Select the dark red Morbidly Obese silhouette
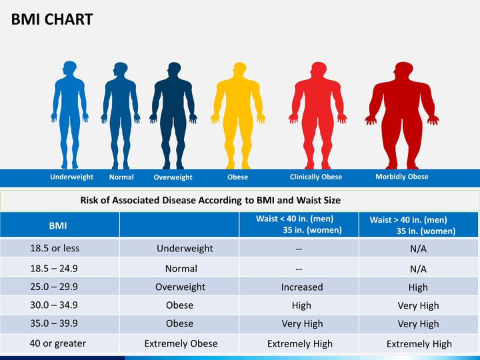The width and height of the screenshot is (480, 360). (403, 117)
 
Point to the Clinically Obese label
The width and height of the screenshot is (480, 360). (316, 177)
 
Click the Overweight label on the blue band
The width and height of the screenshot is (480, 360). (173, 177)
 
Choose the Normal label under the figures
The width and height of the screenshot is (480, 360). (121, 177)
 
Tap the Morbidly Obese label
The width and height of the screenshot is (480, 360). (402, 177)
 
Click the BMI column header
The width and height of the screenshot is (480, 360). (58, 225)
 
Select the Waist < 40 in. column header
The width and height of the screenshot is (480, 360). (299, 224)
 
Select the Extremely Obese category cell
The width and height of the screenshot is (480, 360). (181, 343)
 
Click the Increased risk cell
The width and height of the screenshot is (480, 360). (302, 287)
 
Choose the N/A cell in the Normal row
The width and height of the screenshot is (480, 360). (418, 269)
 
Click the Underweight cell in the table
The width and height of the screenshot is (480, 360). (185, 248)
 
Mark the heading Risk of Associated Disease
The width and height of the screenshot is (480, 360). (211, 199)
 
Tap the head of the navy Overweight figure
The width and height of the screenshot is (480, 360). (173, 69)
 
